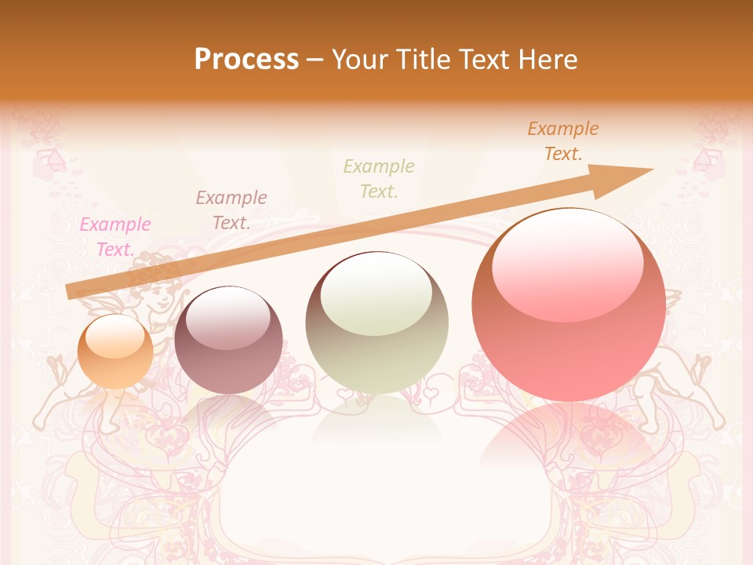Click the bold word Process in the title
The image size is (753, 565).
coord(246,60)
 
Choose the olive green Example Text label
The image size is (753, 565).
coord(379,179)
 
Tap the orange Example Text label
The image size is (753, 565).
coord(563,141)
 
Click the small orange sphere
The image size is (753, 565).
coord(115,352)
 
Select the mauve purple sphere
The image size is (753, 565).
coord(228,341)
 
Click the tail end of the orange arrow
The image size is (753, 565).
coord(72,292)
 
